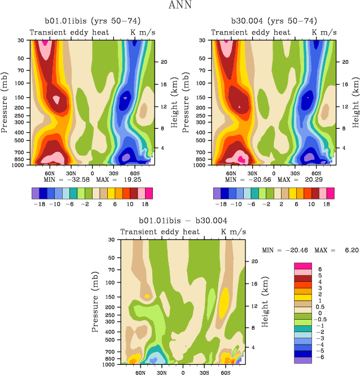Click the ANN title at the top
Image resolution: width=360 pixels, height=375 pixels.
coord(179,6)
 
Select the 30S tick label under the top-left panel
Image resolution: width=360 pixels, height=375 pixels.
coord(112,173)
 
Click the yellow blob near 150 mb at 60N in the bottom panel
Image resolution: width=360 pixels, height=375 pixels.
coord(147,296)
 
